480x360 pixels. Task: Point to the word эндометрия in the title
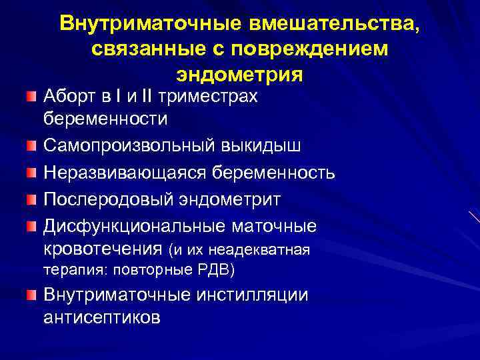pos(240,73)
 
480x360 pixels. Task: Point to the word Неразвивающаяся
pos(125,173)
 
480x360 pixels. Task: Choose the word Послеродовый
pos(105,200)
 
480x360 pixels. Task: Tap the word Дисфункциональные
pos(133,227)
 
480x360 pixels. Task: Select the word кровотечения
pos(103,249)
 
